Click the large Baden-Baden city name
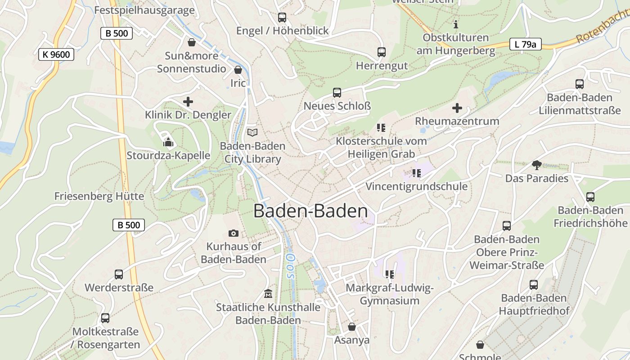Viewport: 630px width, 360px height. pyautogui.click(x=310, y=211)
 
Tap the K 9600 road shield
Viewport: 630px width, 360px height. pyautogui.click(x=56, y=55)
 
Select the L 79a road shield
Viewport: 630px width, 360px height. pyautogui.click(x=525, y=44)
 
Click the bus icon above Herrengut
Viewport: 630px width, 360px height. pyautogui.click(x=382, y=52)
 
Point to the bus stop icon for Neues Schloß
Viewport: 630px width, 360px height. pyautogui.click(x=337, y=93)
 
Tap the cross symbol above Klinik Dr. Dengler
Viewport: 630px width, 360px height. pyautogui.click(x=188, y=102)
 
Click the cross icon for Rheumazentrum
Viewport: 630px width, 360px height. pyautogui.click(x=457, y=108)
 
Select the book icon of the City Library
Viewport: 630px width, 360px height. pyautogui.click(x=252, y=132)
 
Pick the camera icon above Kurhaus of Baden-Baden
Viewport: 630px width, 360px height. pyautogui.click(x=233, y=233)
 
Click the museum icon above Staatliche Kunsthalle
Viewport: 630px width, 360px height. pyautogui.click(x=268, y=294)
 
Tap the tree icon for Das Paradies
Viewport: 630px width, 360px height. pyautogui.click(x=536, y=165)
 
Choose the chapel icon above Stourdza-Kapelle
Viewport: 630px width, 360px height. pyautogui.click(x=168, y=142)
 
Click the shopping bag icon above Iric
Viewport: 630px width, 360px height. pyautogui.click(x=238, y=70)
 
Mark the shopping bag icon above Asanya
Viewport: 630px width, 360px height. pyautogui.click(x=352, y=327)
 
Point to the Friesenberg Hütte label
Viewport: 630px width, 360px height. pyautogui.click(x=99, y=196)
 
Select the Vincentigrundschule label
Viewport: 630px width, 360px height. pyautogui.click(x=416, y=186)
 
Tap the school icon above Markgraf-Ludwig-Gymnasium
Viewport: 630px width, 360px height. pyautogui.click(x=390, y=274)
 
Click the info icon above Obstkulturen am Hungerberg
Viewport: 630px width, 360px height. pyautogui.click(x=456, y=24)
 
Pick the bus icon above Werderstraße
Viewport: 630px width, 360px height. pyautogui.click(x=119, y=274)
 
